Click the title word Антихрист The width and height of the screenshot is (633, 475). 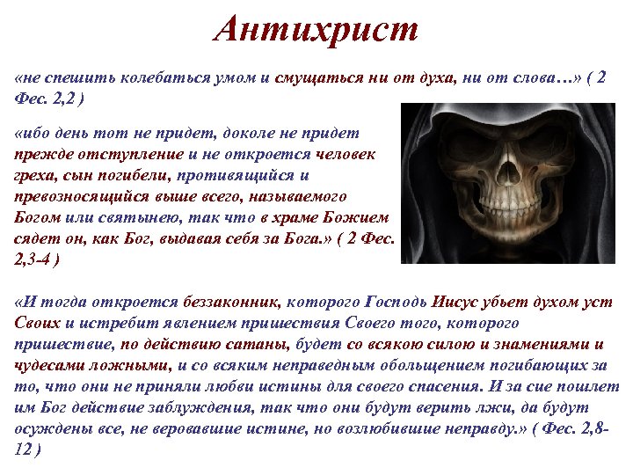click(316, 31)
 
